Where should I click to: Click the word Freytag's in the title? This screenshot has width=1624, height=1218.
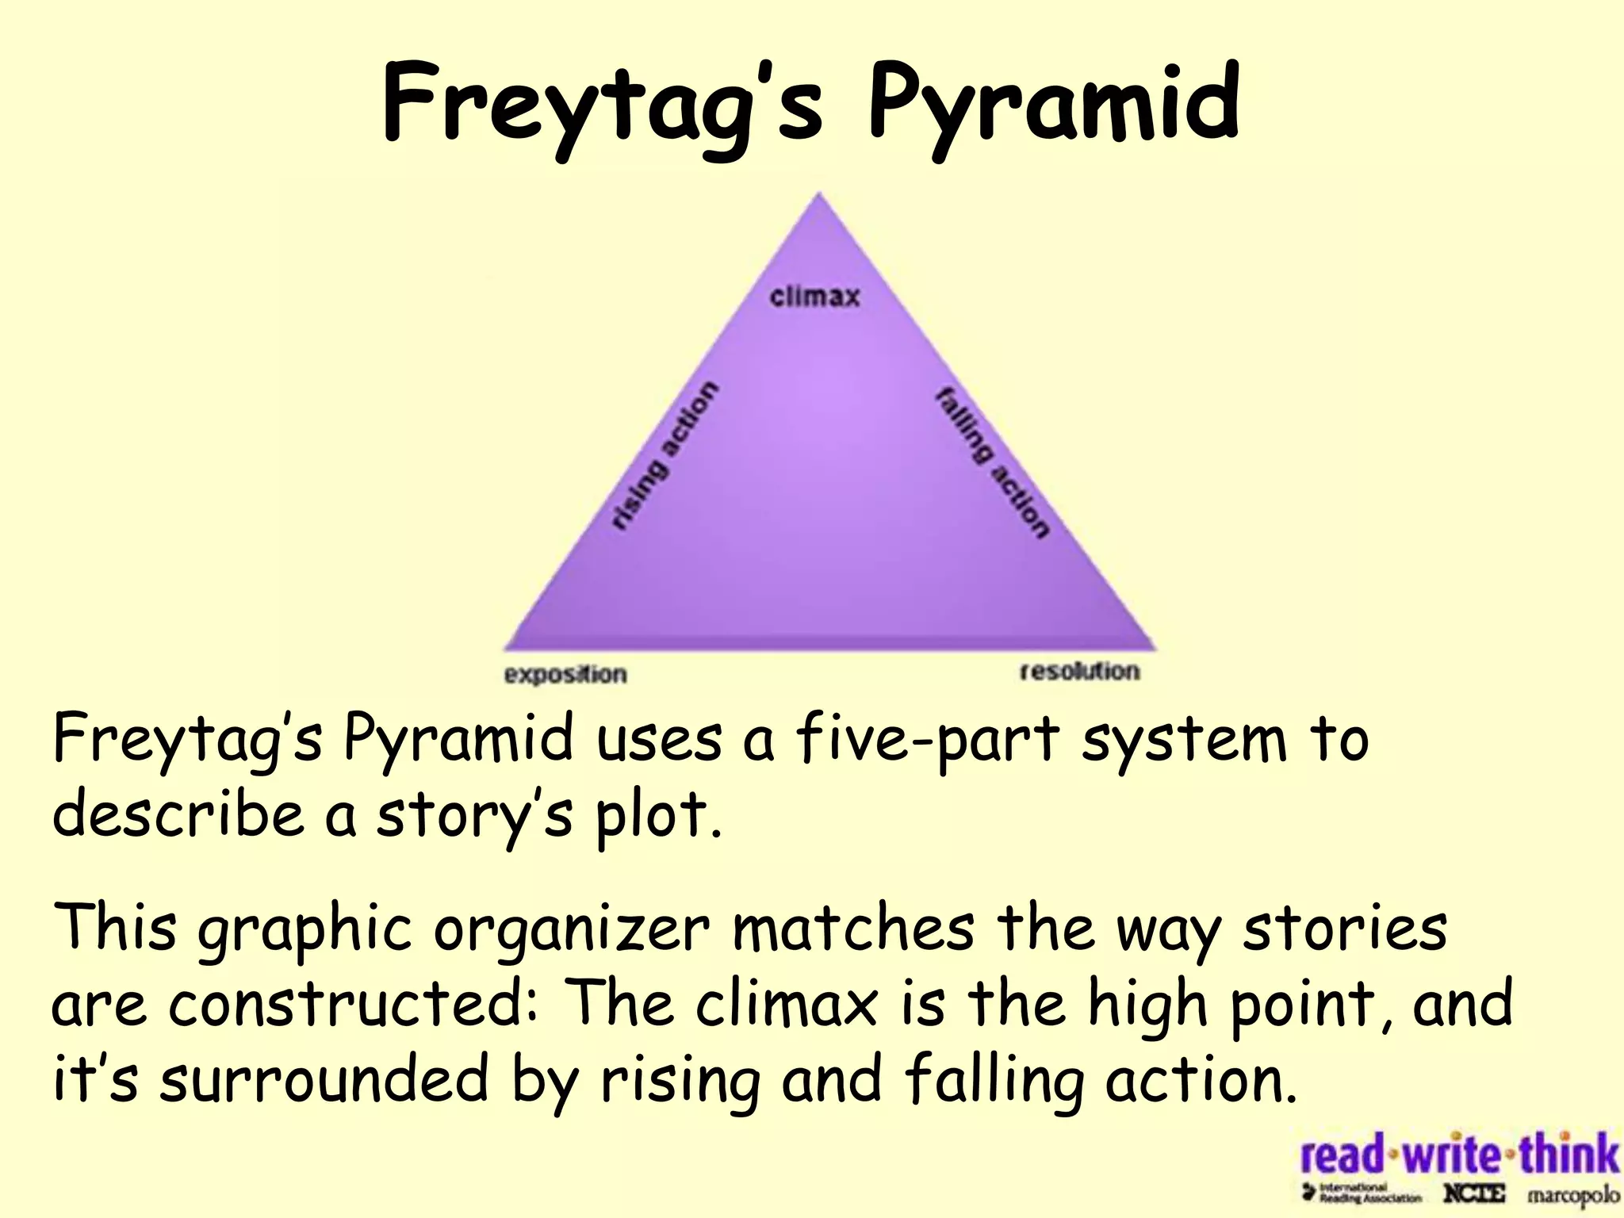603,107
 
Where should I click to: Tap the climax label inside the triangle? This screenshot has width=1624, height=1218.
814,297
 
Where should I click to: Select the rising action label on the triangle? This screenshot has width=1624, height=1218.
665,455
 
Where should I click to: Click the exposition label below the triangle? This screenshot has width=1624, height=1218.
565,675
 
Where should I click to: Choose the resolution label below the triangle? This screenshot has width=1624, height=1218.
1079,672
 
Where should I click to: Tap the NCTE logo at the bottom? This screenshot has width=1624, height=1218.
1473,1193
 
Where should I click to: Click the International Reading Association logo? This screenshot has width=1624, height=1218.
1362,1193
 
